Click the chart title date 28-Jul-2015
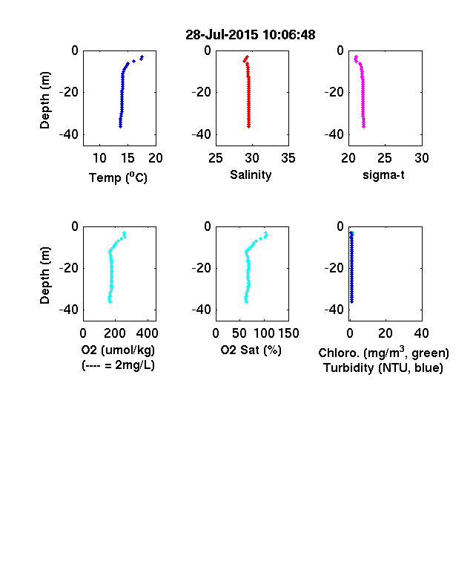(x=222, y=35)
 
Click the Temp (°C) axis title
(x=118, y=177)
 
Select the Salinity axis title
(x=251, y=174)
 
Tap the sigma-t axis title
(x=383, y=174)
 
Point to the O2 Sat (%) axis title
(x=251, y=350)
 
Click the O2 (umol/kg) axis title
(x=118, y=350)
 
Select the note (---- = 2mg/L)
(x=118, y=365)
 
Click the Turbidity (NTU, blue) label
(x=383, y=368)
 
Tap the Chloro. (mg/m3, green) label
(x=383, y=353)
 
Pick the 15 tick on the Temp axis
(x=128, y=158)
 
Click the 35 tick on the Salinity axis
(x=288, y=158)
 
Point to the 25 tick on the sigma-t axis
(x=384, y=158)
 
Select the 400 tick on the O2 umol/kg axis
(x=148, y=333)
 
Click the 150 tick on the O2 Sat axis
(x=288, y=333)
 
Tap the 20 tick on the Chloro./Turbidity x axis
(x=385, y=333)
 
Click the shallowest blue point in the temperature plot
(x=142, y=57)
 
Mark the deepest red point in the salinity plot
(x=249, y=126)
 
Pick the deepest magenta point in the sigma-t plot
(x=364, y=126)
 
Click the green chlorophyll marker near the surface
(x=353, y=234)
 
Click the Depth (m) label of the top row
(x=44, y=100)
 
